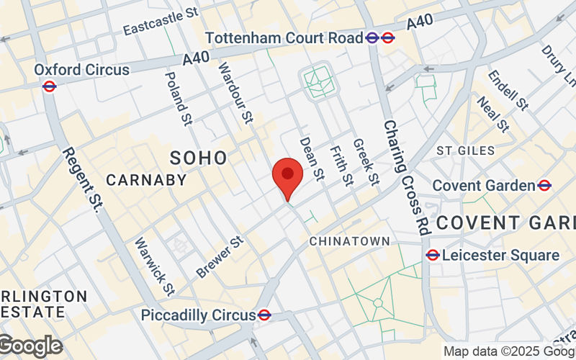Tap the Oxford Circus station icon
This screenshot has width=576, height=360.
[x=50, y=86]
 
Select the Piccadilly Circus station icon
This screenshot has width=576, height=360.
[x=264, y=315]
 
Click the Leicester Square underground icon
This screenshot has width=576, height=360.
[x=433, y=255]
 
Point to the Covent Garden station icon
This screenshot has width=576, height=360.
[x=544, y=186]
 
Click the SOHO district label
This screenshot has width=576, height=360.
[x=199, y=158]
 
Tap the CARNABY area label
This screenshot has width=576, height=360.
[x=146, y=180]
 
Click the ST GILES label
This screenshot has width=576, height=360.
[x=466, y=150]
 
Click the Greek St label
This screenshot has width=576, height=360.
[x=366, y=163]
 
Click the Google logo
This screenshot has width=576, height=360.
[x=30, y=346]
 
